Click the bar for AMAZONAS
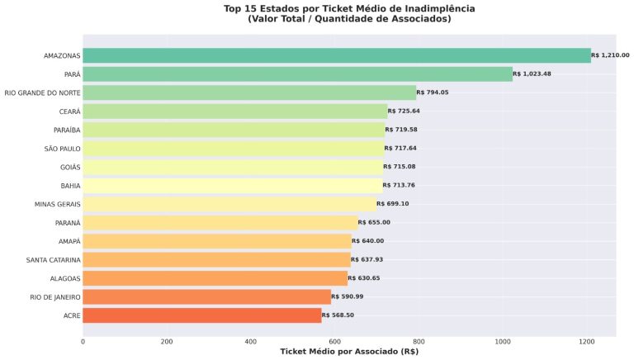[x=337, y=55]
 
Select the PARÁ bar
[x=297, y=74]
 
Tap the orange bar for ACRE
[x=201, y=315]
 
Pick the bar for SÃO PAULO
[x=233, y=148]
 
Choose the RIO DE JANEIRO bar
[x=206, y=296]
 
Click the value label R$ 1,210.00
[x=610, y=55]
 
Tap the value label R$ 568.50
[x=338, y=315]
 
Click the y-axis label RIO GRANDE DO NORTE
[x=42, y=92]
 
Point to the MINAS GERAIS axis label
[x=57, y=204]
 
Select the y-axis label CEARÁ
[x=69, y=111]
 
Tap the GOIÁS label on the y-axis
[x=70, y=167]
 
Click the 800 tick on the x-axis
[x=419, y=341]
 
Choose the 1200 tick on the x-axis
[x=587, y=341]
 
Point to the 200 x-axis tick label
[x=167, y=341]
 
